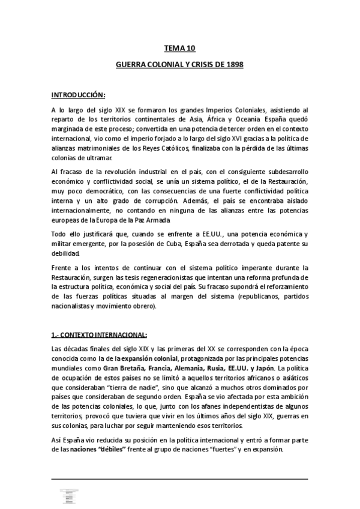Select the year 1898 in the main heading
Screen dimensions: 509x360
click(232, 64)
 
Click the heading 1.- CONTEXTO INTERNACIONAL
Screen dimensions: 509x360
click(98, 334)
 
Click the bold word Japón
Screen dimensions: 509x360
click(280, 368)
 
